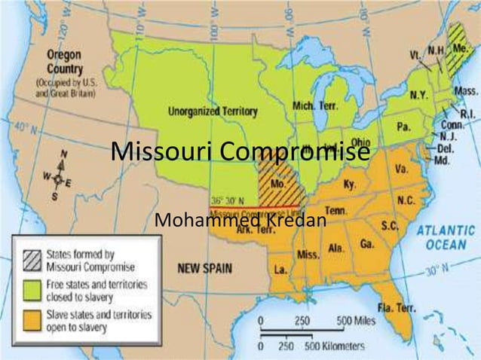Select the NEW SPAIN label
pyautogui.click(x=204, y=267)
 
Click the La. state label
pyautogui.click(x=280, y=269)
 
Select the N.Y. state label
pyautogui.click(x=418, y=95)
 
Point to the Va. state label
pyautogui.click(x=401, y=167)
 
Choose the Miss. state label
pyautogui.click(x=308, y=255)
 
